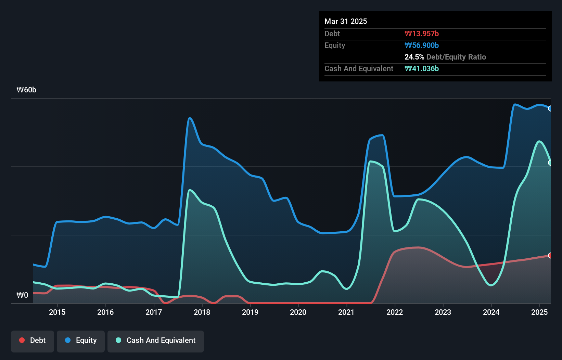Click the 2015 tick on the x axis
tap(57, 312)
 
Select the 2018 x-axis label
tap(202, 312)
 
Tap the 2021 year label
tap(346, 312)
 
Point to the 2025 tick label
tap(539, 312)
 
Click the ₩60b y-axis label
tap(26, 90)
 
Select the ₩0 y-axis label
tap(22, 295)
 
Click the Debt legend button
tap(33, 340)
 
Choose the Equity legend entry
tap(81, 340)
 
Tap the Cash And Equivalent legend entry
tap(156, 340)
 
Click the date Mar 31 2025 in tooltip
tap(346, 21)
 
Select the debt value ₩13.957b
tap(422, 34)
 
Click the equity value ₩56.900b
tap(422, 45)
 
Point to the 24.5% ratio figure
tap(414, 57)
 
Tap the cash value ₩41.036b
tap(422, 68)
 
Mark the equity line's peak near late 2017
tap(190, 118)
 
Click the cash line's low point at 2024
tap(491, 285)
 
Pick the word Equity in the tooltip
tap(335, 45)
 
